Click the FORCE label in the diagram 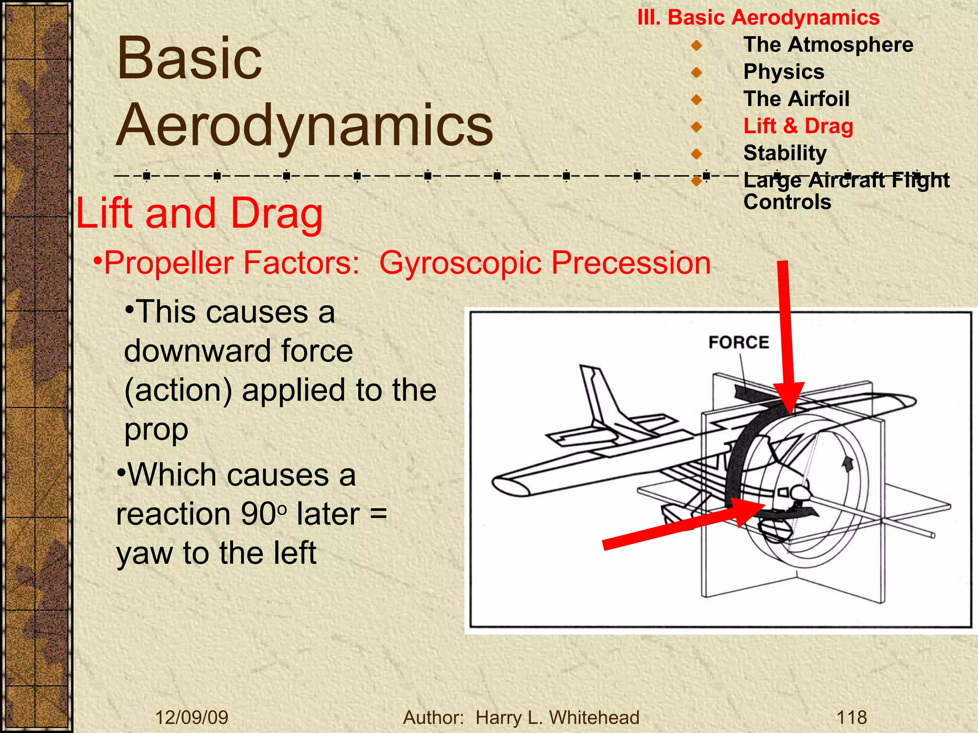(738, 342)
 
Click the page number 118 (851, 717)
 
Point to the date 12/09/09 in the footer (191, 717)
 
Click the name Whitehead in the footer (594, 717)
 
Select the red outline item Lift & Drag (798, 126)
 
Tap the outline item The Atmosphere (828, 44)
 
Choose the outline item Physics (784, 72)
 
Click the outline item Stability (785, 153)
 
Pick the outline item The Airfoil (796, 99)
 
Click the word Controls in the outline (787, 202)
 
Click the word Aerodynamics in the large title (305, 125)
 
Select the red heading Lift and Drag (200, 213)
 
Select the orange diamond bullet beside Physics (696, 73)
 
